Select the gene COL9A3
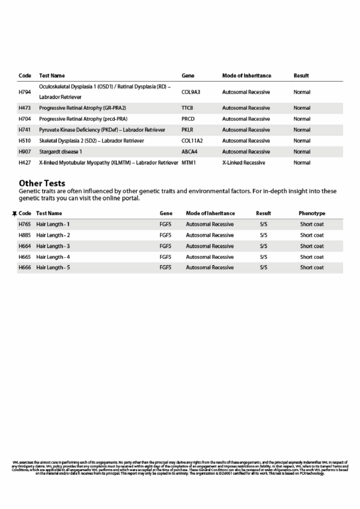coord(191,92)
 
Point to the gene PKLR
coord(188,130)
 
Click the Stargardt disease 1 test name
coord(61,152)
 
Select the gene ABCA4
coord(189,152)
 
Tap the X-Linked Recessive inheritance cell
coord(244,163)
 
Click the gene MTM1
coord(189,163)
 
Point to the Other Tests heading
coord(42,183)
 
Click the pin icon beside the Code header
coord(14,214)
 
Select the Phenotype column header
coord(312,213)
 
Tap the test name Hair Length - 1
coord(53,224)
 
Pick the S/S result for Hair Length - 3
coord(264,246)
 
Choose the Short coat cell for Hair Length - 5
coord(312,267)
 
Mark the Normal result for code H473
coord(302,108)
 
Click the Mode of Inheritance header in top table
coord(247,76)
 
